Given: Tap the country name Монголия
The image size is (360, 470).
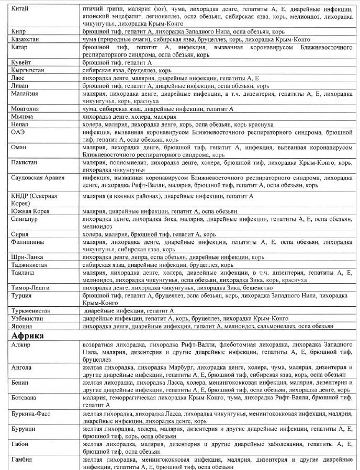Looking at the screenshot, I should [x=26, y=109].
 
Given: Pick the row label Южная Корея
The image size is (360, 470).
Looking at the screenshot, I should [x=31, y=211].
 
